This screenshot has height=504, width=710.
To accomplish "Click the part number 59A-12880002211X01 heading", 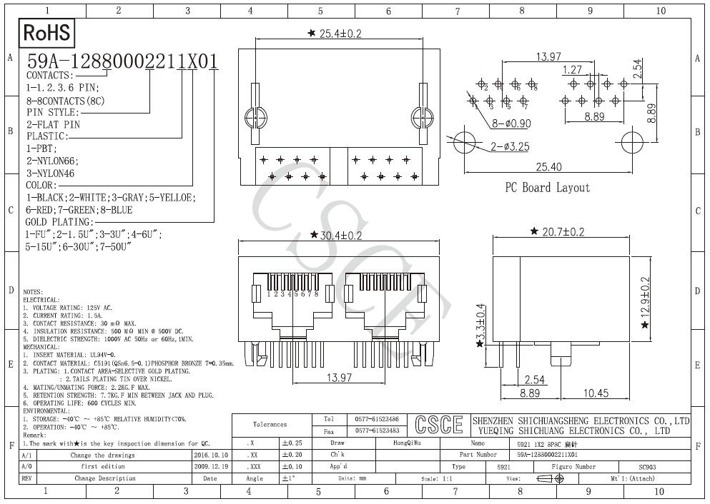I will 122,61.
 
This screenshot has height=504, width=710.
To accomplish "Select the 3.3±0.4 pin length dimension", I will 482,322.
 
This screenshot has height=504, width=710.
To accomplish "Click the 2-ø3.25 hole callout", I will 512,147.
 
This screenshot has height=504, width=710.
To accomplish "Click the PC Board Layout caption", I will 548,188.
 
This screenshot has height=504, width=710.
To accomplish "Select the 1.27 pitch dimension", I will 572,70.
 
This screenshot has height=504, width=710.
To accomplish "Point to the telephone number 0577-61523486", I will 377,419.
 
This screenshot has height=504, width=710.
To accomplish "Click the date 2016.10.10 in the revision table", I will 211,454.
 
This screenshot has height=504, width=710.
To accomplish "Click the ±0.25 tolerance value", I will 292,443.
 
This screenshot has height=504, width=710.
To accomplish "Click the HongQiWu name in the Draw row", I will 408,443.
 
